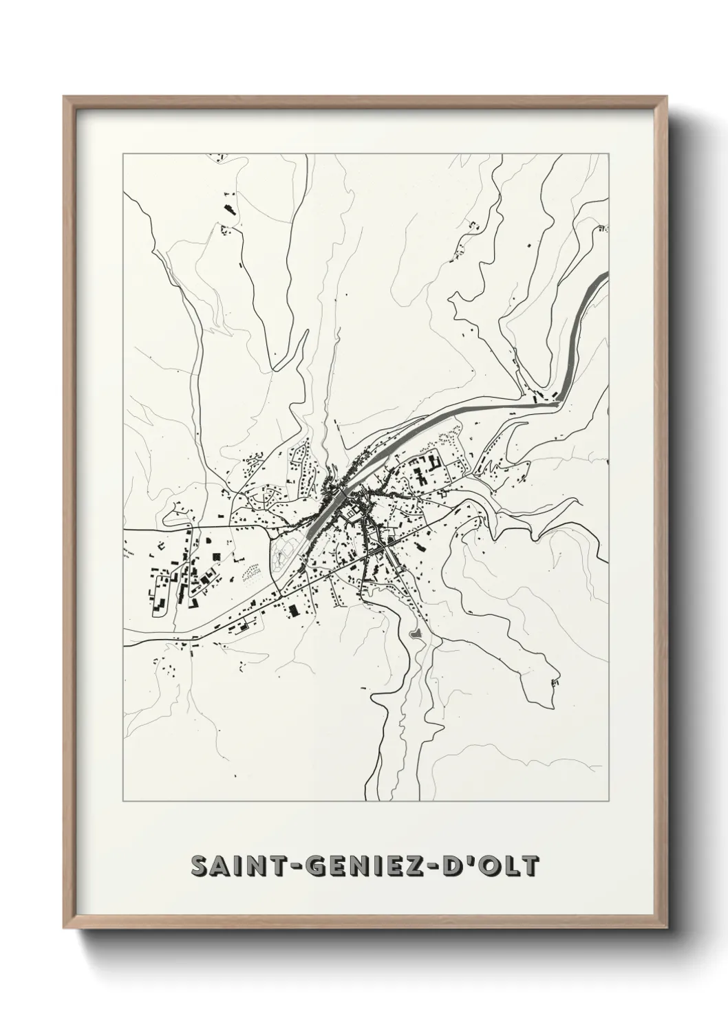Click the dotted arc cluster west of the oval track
[252, 572]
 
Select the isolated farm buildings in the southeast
[555, 682]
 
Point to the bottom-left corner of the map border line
[123, 801]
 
